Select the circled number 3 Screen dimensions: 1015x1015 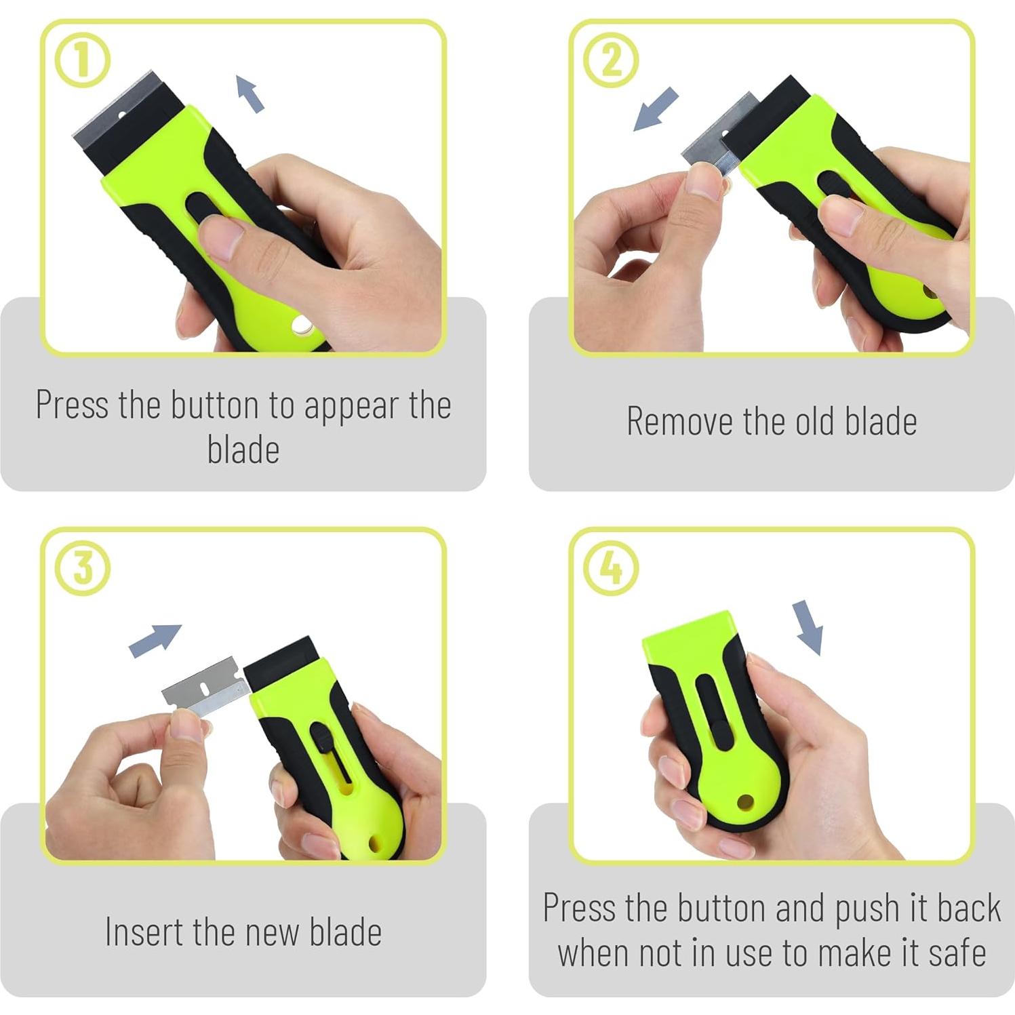click(82, 568)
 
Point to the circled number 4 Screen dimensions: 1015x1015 click(611, 568)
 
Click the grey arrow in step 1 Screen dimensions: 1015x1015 click(250, 94)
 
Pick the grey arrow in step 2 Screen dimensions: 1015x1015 click(655, 108)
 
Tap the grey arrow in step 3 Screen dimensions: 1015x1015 click(155, 640)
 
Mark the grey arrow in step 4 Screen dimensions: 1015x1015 click(809, 627)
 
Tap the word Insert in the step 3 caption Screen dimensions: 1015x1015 click(145, 932)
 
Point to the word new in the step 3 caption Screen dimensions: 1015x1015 click(271, 933)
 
